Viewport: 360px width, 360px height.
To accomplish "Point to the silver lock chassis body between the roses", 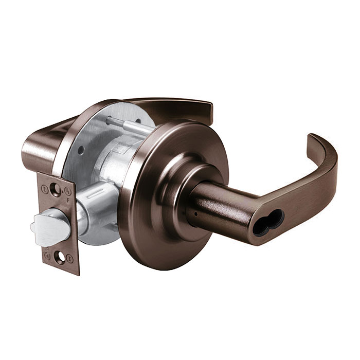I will [x=121, y=154].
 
